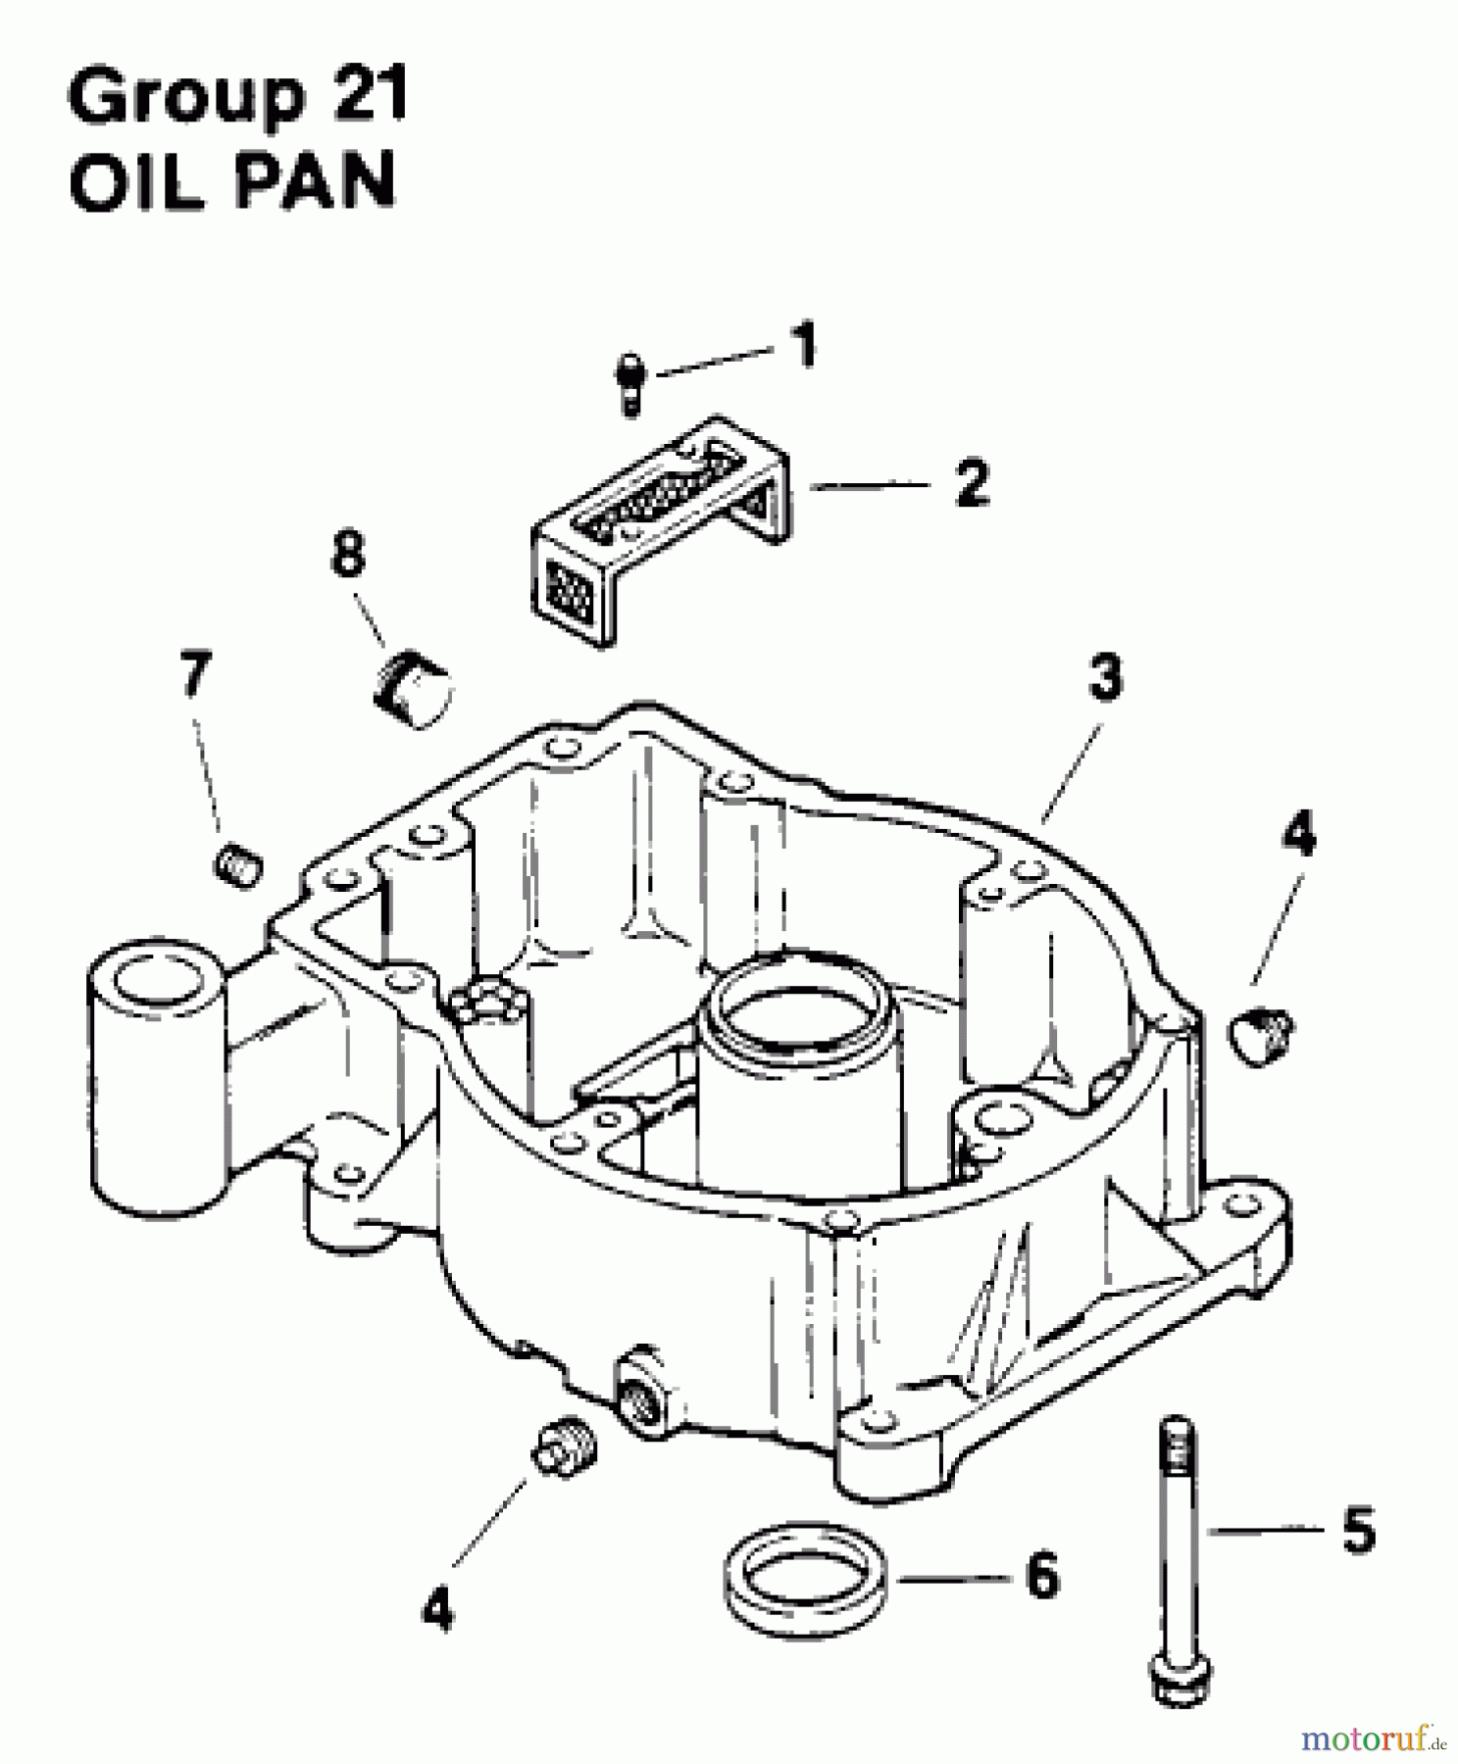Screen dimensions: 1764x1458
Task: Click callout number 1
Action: [804, 348]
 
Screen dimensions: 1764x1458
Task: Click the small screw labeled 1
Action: [631, 385]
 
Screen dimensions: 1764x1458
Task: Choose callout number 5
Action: [1358, 1530]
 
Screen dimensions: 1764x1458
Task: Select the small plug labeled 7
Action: [237, 866]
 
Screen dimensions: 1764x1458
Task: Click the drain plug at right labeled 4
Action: [1261, 1037]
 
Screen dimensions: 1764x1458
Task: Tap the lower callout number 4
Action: [437, 1608]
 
